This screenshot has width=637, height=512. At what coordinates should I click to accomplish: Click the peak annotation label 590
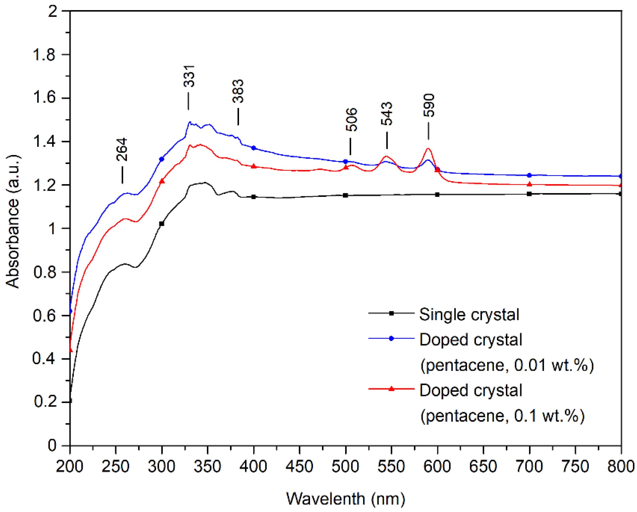(429, 105)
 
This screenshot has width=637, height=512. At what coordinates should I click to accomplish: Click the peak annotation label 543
(387, 114)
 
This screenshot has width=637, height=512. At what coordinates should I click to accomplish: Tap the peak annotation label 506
(351, 120)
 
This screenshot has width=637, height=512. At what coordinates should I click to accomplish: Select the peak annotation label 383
(238, 91)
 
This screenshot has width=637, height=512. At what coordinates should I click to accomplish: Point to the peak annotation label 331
(189, 76)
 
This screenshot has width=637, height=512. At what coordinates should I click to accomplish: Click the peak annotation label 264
(122, 149)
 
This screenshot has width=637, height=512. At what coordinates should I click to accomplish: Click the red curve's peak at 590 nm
(428, 148)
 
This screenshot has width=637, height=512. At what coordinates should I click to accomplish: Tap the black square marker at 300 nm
(162, 224)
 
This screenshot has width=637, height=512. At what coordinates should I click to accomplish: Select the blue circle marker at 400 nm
(254, 148)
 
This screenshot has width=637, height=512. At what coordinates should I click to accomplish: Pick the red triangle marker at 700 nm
(530, 184)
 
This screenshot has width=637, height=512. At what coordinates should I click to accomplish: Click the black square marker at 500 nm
(345, 195)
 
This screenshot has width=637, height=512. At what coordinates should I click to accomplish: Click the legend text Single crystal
(469, 315)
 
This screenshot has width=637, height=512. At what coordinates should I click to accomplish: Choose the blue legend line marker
(391, 338)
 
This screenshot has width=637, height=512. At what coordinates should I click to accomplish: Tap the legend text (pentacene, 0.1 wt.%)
(502, 416)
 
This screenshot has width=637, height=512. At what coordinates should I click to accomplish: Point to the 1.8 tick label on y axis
(44, 54)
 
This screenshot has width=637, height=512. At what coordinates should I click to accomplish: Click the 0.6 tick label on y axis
(44, 315)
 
